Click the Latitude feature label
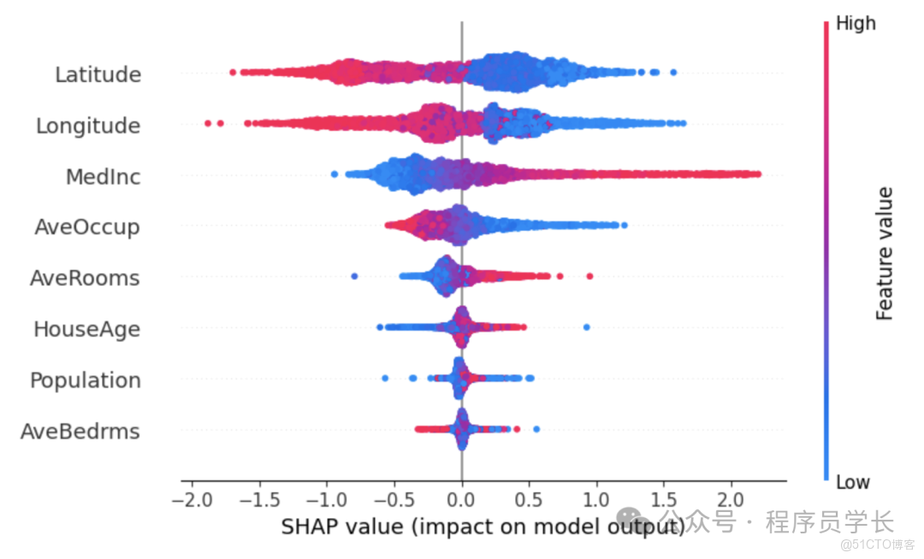[98, 75]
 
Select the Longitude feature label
[88, 127]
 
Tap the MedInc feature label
[103, 177]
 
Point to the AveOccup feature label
[87, 227]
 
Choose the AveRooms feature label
[85, 278]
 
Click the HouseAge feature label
[86, 329]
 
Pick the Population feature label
[86, 380]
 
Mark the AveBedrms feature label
[80, 431]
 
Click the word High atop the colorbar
[856, 24]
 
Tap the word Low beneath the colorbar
[853, 482]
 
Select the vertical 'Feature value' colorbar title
[885, 253]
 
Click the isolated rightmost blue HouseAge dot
[586, 327]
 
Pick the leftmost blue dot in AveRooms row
[355, 276]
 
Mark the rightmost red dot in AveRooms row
[589, 276]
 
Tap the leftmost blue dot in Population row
[385, 378]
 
